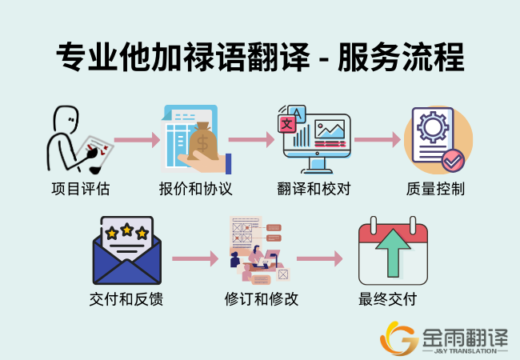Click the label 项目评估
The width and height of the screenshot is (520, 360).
pyautogui.click(x=81, y=189)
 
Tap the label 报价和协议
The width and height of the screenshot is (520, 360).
pyautogui.click(x=195, y=189)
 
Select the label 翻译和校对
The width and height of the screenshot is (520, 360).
pyautogui.click(x=314, y=189)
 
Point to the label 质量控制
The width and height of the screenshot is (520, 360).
pyautogui.click(x=435, y=189)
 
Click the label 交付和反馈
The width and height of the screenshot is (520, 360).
pyautogui.click(x=126, y=299)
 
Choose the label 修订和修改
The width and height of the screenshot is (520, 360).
pyautogui.click(x=262, y=299)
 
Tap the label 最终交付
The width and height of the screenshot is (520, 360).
pyautogui.click(x=388, y=299)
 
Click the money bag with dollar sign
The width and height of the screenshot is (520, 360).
pyautogui.click(x=203, y=142)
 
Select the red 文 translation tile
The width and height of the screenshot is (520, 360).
pyautogui.click(x=287, y=124)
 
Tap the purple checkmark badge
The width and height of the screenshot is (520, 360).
pyautogui.click(x=453, y=161)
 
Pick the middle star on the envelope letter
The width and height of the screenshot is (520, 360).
pyautogui.click(x=127, y=230)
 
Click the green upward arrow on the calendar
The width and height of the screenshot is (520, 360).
pyautogui.click(x=393, y=253)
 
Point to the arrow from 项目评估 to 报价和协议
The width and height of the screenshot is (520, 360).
pyautogui.click(x=138, y=140)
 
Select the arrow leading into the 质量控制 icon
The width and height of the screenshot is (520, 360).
pyautogui.click(x=378, y=139)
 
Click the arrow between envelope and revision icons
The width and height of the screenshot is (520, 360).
pyautogui.click(x=195, y=258)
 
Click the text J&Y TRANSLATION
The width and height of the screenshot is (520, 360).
pyautogui.click(x=466, y=351)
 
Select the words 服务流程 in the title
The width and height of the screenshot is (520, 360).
pyautogui.click(x=401, y=57)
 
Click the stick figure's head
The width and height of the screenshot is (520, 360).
pyautogui.click(x=66, y=120)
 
